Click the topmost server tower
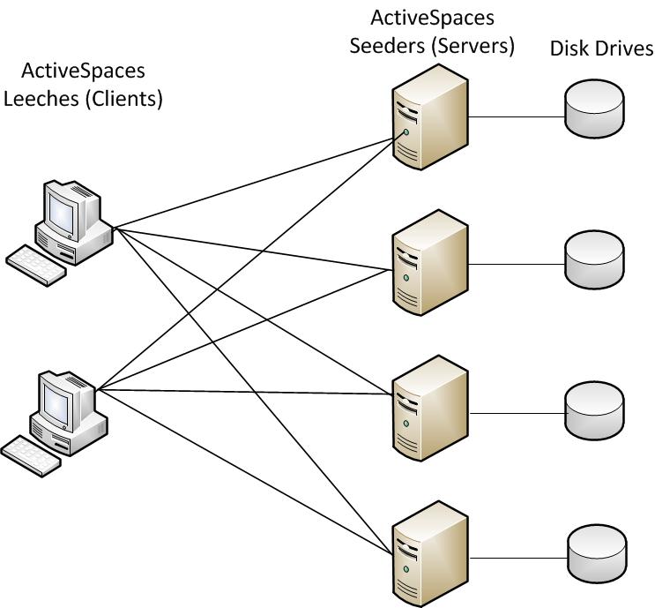coord(428,116)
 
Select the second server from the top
coord(428,261)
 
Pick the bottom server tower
coord(428,553)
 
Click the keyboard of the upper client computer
coord(36,264)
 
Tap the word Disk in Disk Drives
coord(570,49)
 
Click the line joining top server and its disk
coord(517,116)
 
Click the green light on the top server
coord(406,132)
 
